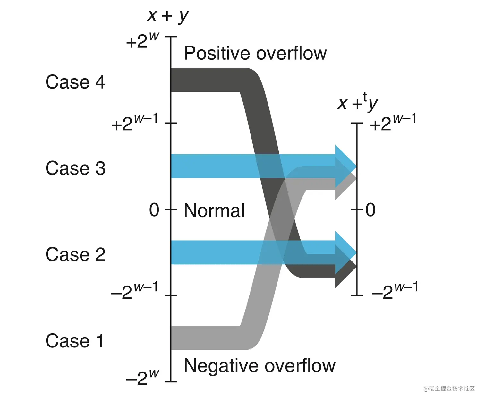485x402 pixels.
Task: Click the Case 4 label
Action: tap(75, 82)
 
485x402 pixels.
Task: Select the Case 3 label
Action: tap(75, 168)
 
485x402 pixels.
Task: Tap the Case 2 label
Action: tap(75, 254)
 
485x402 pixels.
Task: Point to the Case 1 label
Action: tap(75, 341)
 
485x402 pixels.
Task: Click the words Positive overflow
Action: tap(255, 53)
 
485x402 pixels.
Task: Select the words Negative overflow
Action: tap(259, 366)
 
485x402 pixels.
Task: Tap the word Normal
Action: tap(214, 211)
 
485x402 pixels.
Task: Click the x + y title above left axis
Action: tap(168, 15)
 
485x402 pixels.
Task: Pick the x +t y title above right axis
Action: tap(358, 103)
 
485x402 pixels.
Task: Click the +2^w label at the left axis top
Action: tap(142, 41)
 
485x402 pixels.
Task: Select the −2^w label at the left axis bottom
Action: tap(142, 377)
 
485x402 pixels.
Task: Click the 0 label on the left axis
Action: tap(154, 210)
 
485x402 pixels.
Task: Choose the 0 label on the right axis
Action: tap(370, 210)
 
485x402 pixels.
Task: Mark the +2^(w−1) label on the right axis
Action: tap(393, 123)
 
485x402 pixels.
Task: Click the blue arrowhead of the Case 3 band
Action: tap(345, 166)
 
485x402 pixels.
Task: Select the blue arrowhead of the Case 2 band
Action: tap(345, 252)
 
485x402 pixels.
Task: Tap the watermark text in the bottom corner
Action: tap(449, 389)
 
